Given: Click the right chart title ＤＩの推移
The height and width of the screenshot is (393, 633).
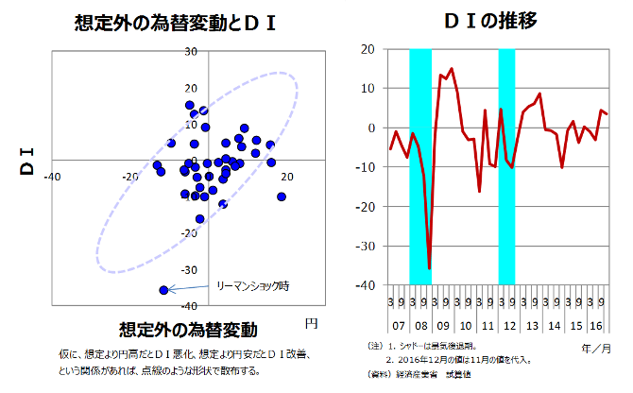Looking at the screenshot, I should [490, 21].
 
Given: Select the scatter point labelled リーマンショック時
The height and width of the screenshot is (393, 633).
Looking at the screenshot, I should [163, 290].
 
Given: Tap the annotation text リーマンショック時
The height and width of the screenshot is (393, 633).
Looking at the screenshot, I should [252, 285].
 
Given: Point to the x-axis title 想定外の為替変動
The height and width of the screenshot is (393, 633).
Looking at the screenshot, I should [189, 330].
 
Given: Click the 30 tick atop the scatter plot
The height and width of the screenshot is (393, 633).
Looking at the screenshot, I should [191, 51].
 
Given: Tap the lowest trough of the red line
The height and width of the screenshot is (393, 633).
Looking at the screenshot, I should [429, 268].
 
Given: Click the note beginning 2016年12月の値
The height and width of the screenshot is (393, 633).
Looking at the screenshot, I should [453, 360].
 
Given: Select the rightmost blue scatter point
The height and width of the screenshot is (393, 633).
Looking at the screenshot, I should [282, 196].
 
